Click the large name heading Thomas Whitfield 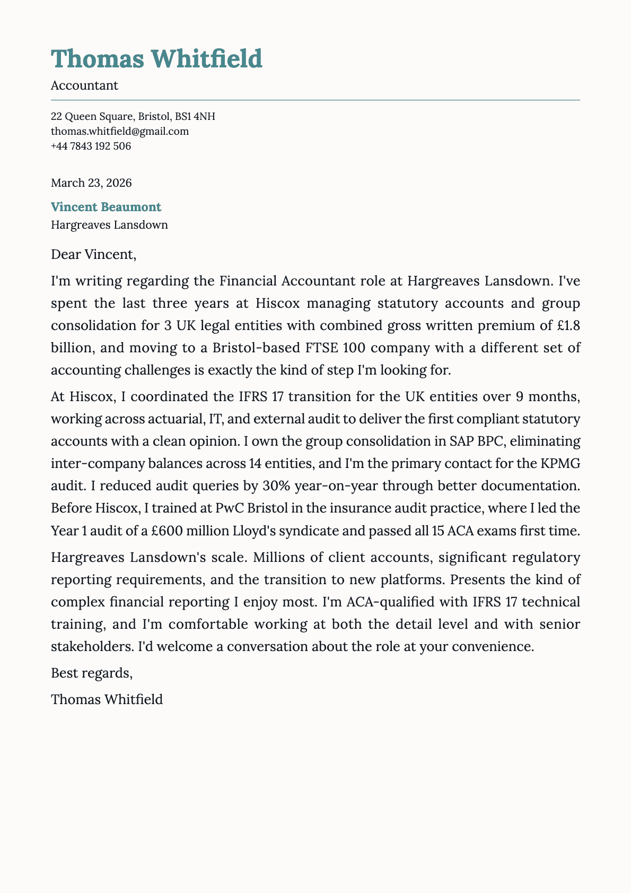tap(156, 59)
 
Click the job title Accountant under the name tap(84, 85)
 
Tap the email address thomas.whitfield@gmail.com tap(120, 131)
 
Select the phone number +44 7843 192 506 tap(91, 146)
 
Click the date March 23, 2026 tap(91, 183)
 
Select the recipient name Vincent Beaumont tap(106, 207)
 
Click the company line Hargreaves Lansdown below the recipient tap(109, 225)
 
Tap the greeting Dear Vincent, tap(93, 255)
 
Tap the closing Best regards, tap(91, 673)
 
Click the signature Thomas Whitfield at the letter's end tap(107, 699)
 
